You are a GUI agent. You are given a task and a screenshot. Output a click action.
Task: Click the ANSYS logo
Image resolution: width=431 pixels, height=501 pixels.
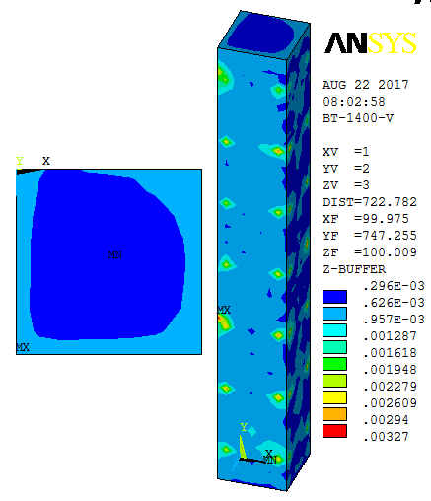(x=371, y=43)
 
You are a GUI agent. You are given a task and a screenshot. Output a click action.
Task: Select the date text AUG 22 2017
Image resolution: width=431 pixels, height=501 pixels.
(x=366, y=85)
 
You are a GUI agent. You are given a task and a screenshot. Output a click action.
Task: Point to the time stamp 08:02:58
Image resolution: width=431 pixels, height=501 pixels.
(x=354, y=102)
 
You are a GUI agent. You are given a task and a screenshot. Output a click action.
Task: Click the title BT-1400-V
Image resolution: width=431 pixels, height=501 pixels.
(x=358, y=118)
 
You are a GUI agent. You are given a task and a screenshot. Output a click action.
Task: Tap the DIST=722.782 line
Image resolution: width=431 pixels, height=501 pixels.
(x=370, y=202)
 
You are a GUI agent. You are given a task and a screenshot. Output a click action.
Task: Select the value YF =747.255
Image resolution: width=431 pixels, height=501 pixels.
(x=370, y=236)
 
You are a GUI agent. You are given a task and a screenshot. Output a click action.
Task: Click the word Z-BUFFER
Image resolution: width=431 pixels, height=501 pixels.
(x=354, y=269)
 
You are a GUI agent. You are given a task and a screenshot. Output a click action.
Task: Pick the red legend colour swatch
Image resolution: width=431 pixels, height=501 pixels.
(x=334, y=431)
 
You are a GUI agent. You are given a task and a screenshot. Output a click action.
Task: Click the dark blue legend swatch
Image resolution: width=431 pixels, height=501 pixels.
(x=334, y=297)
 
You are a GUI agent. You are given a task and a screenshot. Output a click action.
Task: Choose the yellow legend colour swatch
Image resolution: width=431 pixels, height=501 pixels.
(x=334, y=397)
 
